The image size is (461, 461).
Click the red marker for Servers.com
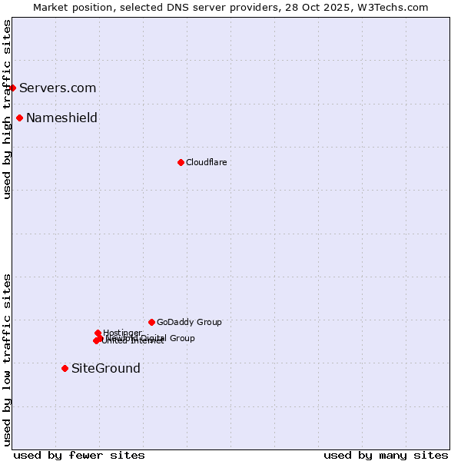(x=12, y=88)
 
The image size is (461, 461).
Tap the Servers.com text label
(x=58, y=88)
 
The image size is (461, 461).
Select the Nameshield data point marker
(x=19, y=118)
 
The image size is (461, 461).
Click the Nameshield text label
(x=61, y=118)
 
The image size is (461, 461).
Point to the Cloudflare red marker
(x=181, y=162)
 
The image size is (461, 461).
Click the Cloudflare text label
(x=206, y=162)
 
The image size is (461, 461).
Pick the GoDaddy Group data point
(x=151, y=322)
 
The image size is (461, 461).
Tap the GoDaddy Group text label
(x=189, y=322)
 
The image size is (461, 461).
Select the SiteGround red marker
(x=65, y=368)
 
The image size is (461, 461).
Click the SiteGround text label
(x=106, y=368)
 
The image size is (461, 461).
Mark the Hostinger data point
(x=98, y=333)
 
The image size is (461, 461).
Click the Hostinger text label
(x=123, y=332)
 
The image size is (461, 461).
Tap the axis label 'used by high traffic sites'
(x=7, y=109)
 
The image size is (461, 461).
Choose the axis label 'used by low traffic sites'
(x=7, y=360)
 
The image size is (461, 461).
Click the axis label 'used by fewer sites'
(x=79, y=455)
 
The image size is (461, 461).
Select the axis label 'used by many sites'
(x=386, y=455)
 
